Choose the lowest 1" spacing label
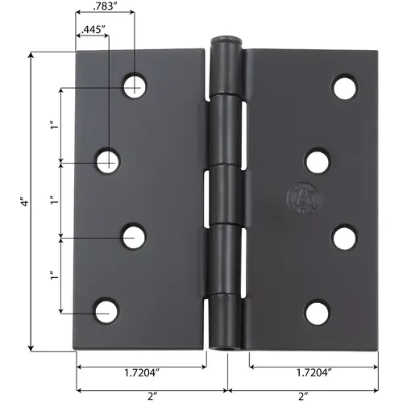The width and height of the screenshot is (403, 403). coord(52,276)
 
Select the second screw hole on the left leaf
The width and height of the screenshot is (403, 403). coord(106,161)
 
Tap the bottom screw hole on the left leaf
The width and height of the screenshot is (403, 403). coord(106,311)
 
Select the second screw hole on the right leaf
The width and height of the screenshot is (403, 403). coord(318,160)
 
